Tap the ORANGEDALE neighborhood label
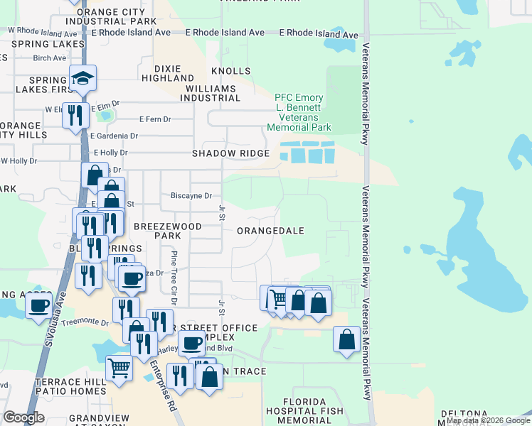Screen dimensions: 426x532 click(270, 231)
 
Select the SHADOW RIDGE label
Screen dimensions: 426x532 click(230, 153)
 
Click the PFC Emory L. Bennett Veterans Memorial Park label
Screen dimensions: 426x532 click(299, 112)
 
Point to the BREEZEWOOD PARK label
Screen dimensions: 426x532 click(168, 231)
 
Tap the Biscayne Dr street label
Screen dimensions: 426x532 click(191, 195)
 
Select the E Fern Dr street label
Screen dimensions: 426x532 click(155, 119)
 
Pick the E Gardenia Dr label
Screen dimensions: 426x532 click(114, 136)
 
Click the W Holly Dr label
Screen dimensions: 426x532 click(18, 161)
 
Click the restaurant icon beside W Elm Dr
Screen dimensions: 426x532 click(75, 115)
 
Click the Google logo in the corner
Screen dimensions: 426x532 click(23, 417)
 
